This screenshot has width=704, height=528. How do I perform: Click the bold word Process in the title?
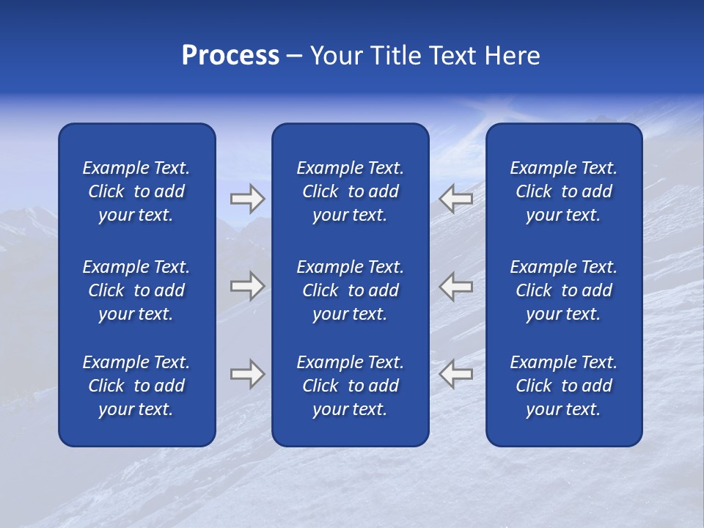(x=230, y=56)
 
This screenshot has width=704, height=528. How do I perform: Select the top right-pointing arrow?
(x=248, y=198)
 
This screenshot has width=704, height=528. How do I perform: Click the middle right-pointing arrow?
(x=248, y=286)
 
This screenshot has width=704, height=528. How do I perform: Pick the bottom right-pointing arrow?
(x=248, y=374)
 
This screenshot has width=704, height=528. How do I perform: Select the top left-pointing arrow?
(x=456, y=198)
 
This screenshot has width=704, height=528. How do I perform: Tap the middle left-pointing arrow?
(x=456, y=286)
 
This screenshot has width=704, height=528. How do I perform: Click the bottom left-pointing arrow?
(x=456, y=374)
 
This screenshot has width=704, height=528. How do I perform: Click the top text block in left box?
(x=136, y=191)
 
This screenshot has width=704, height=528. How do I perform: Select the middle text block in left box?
(x=136, y=290)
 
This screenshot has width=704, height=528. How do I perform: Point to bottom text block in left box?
(x=136, y=386)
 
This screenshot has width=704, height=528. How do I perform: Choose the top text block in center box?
(x=351, y=191)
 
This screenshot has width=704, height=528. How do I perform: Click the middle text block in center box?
(x=351, y=290)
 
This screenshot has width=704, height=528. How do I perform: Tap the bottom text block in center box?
(x=351, y=386)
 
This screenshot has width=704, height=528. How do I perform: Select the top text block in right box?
(x=564, y=191)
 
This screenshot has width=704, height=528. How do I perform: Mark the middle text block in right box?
(x=564, y=290)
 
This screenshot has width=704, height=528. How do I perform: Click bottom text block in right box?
(x=564, y=386)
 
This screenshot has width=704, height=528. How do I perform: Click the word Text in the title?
(x=453, y=56)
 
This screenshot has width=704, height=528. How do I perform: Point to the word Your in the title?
(x=336, y=56)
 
